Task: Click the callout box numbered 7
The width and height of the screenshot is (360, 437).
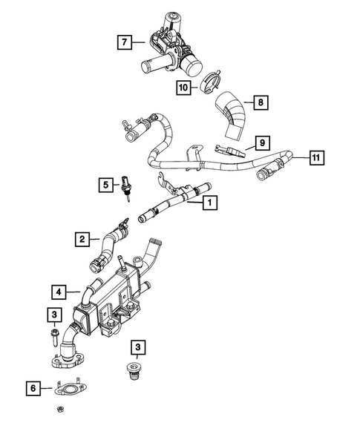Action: click(125, 42)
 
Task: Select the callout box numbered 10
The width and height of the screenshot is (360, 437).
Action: click(183, 88)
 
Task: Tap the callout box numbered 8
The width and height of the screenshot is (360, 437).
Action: click(261, 102)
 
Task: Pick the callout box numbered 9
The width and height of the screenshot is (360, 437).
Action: click(262, 143)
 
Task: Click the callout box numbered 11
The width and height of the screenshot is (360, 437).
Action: click(316, 158)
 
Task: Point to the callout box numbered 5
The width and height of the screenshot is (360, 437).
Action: click(105, 185)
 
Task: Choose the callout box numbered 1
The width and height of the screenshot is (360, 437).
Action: click(210, 203)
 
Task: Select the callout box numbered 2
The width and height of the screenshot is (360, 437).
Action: click(82, 239)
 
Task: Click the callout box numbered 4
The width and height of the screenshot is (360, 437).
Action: click(59, 292)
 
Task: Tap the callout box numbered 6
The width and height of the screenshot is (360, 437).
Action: click(33, 388)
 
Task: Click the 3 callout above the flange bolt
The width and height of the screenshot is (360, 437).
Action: click(54, 315)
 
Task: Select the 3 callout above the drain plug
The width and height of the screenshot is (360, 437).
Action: click(138, 347)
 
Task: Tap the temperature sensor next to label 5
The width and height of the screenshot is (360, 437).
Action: click(125, 187)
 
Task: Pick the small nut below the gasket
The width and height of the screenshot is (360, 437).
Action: click(59, 409)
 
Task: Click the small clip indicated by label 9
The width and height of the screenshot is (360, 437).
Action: click(229, 151)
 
